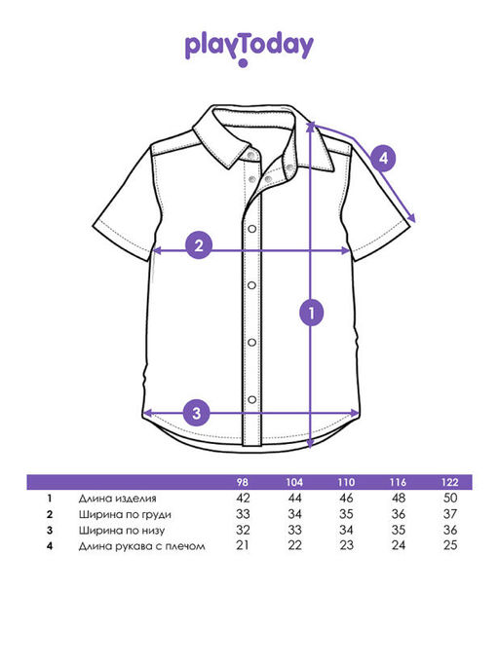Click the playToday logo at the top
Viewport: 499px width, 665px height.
click(249, 49)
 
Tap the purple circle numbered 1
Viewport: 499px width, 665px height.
click(312, 313)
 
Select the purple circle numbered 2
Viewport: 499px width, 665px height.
click(199, 245)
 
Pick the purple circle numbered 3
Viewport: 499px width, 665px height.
click(196, 413)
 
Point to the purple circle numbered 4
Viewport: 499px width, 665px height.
click(383, 158)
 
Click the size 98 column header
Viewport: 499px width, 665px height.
click(243, 482)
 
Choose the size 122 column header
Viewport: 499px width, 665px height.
click(450, 482)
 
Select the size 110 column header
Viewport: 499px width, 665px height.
click(346, 482)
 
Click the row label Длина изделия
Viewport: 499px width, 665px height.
click(117, 499)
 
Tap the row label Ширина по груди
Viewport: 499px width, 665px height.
click(125, 514)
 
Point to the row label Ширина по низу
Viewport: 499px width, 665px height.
click(122, 530)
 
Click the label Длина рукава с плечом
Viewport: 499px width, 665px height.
click(142, 546)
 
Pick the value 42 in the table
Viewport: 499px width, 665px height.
click(243, 498)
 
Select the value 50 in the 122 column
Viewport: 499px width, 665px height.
click(450, 498)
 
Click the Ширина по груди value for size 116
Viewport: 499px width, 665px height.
click(399, 514)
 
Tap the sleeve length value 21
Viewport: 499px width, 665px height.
click(243, 545)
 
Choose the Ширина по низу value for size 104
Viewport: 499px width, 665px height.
click(294, 530)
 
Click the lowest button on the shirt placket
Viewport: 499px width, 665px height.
click(251, 399)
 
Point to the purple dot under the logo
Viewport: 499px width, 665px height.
click(243, 63)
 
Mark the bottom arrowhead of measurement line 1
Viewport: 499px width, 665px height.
click(311, 444)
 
